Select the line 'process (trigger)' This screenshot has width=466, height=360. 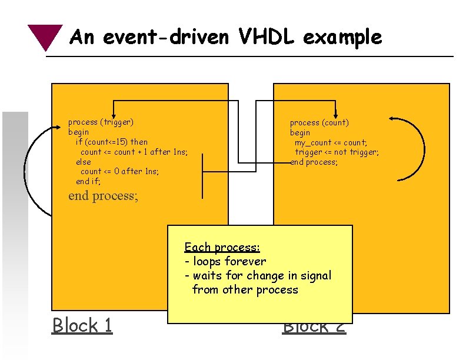coord(101,122)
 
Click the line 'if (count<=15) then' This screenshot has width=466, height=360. coord(112,142)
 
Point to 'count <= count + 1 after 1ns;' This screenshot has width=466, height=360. coord(134,152)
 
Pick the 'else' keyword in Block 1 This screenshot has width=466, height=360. coord(84,162)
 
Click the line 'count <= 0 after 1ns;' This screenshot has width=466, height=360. coord(120,171)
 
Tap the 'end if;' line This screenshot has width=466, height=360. coord(88,181)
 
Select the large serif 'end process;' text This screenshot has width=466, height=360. coord(104,195)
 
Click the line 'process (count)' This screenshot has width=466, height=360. coord(319,122)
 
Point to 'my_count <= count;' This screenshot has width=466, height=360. coord(331,142)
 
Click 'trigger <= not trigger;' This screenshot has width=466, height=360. coord(337,152)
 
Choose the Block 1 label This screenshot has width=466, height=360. coord(82,325)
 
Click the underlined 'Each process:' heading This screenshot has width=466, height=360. coord(222,247)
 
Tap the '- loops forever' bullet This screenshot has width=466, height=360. coord(225,261)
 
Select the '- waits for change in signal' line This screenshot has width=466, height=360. coord(258,275)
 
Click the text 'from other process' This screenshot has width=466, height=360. coord(245,289)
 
